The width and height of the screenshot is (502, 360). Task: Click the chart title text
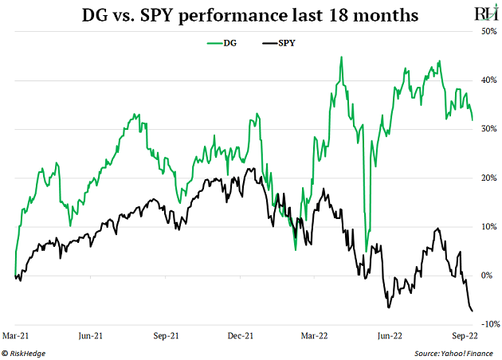[x=250, y=15]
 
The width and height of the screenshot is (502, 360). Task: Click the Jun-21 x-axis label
[x=92, y=336]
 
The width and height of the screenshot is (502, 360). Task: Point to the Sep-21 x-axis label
[x=166, y=336]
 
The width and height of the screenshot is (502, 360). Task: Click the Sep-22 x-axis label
[x=465, y=336]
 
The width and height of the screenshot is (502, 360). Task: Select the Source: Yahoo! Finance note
[x=456, y=352]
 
